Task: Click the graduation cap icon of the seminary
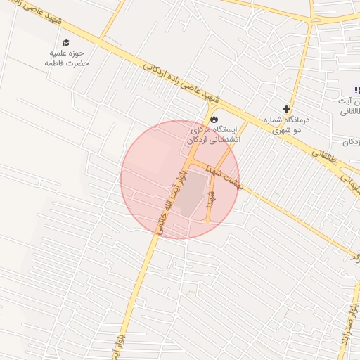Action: pos(66,43)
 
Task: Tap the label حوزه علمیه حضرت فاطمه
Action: pos(66,58)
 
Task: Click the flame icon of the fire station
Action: pos(214,119)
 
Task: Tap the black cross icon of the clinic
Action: pos(286,109)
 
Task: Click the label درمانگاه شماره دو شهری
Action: pos(286,124)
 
